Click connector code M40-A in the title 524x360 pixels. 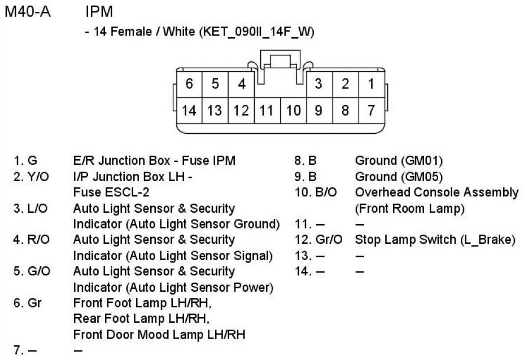click(28, 11)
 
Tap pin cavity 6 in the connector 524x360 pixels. click(189, 84)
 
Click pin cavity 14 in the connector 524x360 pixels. click(189, 110)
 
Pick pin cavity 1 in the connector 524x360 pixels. click(371, 84)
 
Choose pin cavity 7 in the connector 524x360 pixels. click(371, 110)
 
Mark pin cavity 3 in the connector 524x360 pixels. click(318, 84)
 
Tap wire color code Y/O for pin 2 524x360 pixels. click(38, 177)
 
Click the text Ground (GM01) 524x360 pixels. click(399, 161)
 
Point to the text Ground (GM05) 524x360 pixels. click(399, 177)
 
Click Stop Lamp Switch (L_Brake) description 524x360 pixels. click(435, 240)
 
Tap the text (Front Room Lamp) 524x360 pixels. click(409, 208)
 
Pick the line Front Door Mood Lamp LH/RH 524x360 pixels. click(159, 335)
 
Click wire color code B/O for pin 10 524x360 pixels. click(325, 192)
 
